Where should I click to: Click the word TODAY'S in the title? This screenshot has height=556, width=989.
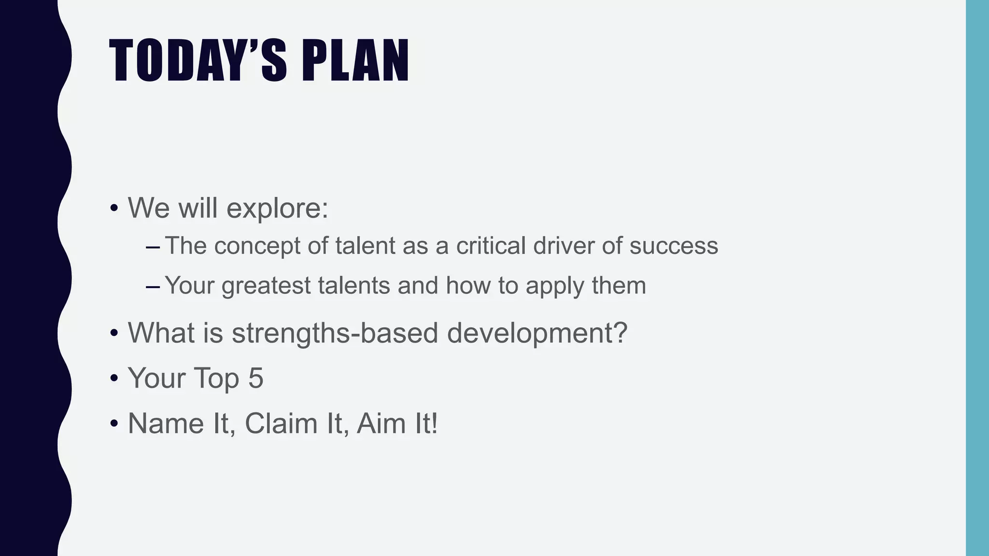click(x=198, y=61)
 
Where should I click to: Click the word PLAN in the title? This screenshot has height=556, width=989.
click(x=355, y=61)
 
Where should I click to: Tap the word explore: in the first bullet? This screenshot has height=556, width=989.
click(x=277, y=208)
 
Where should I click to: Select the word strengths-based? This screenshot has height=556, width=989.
click(x=335, y=333)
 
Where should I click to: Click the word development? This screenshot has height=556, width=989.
click(x=537, y=334)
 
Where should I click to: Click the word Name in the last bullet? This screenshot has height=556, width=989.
click(x=166, y=423)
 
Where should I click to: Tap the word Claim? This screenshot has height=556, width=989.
click(x=280, y=423)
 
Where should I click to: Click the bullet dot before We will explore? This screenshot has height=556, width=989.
click(x=114, y=209)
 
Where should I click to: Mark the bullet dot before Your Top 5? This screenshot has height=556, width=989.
click(x=114, y=378)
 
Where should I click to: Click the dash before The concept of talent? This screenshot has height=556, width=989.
click(x=153, y=248)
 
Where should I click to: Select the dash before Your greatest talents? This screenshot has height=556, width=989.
click(x=153, y=287)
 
